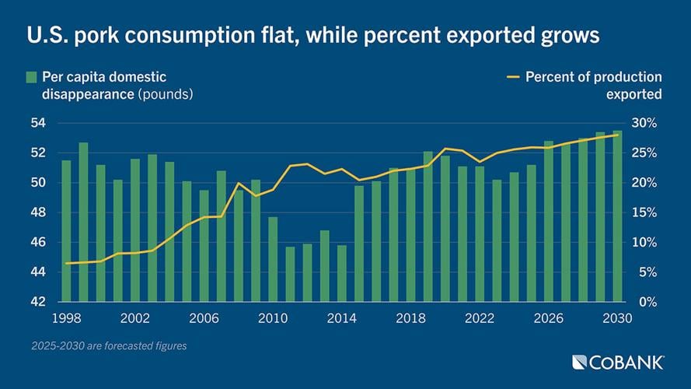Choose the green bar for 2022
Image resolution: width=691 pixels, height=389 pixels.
pyautogui.click(x=480, y=233)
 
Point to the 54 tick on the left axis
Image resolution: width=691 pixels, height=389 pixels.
pyautogui.click(x=39, y=123)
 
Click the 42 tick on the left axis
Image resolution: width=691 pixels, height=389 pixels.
pyautogui.click(x=39, y=302)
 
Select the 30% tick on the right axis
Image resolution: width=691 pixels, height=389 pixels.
pyautogui.click(x=644, y=123)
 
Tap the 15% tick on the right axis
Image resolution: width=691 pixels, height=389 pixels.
pyautogui.click(x=644, y=212)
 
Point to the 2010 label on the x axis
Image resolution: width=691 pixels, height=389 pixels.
pyautogui.click(x=272, y=318)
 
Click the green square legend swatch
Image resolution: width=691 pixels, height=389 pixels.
pyautogui.click(x=32, y=77)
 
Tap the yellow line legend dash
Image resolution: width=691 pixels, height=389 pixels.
pyautogui.click(x=512, y=77)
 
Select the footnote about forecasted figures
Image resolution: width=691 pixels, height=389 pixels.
pyautogui.click(x=109, y=345)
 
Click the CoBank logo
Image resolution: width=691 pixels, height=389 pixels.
pyautogui.click(x=617, y=362)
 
